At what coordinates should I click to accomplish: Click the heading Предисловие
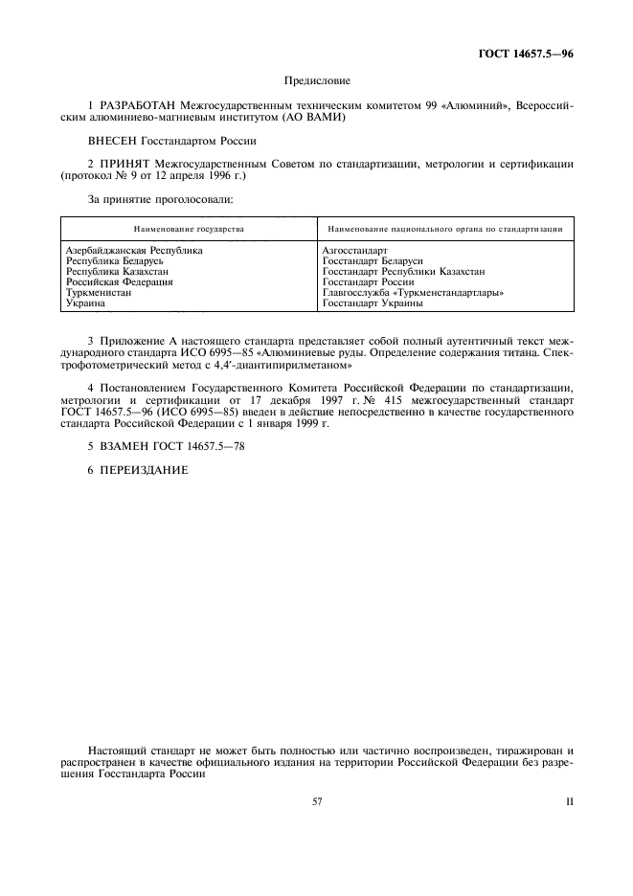coord(316,82)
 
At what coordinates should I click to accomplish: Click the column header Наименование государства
coord(189,230)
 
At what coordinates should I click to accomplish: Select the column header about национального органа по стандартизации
coord(444,230)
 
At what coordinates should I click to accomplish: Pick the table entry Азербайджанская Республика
coord(134,250)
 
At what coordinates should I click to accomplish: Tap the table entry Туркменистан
coord(99,292)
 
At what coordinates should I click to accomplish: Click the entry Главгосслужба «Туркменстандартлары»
coord(413,292)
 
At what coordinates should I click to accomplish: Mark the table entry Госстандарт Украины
coord(373,302)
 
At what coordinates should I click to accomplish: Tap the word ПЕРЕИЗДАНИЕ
coord(145,470)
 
